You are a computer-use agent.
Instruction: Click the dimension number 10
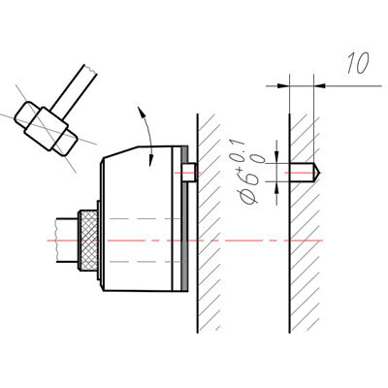pos(358,63)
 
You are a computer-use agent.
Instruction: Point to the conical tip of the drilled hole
pos(317,173)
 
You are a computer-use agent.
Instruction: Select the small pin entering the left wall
pos(189,173)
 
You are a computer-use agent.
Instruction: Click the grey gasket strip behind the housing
pos(184,218)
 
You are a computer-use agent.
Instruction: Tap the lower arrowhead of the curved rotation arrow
pos(150,161)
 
